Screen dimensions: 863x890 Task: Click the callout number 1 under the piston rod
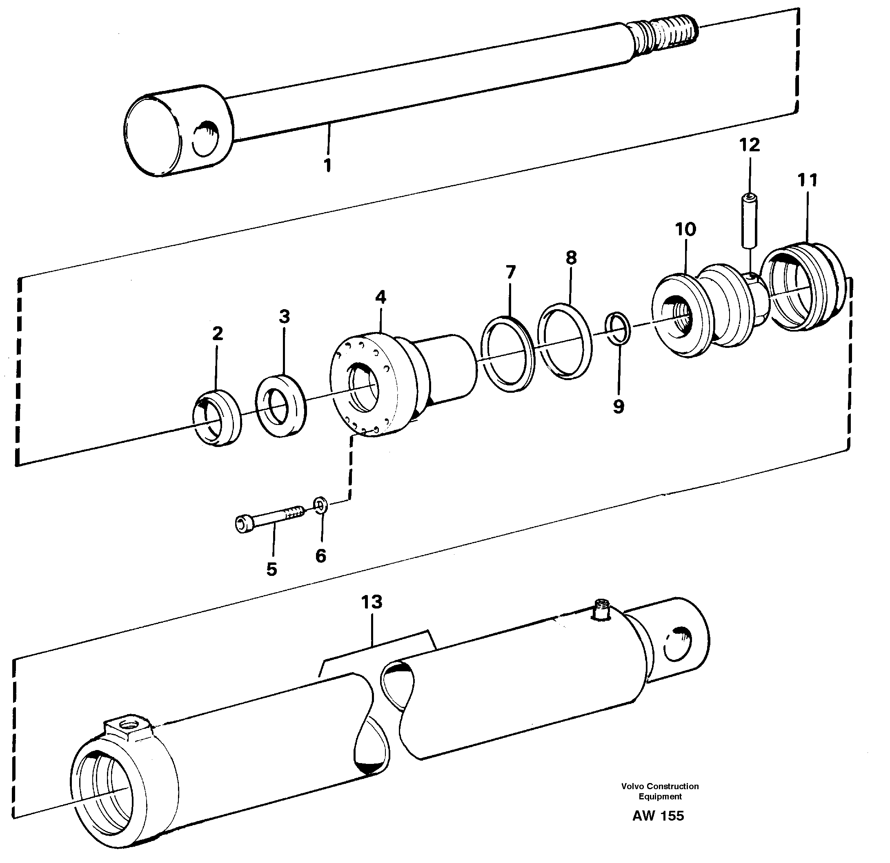coord(327,165)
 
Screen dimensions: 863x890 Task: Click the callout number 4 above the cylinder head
coord(380,298)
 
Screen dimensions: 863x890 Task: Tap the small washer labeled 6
coord(320,505)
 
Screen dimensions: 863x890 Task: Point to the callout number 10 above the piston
coord(685,230)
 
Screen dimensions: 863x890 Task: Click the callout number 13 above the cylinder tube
coord(372,602)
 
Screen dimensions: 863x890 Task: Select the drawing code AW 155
coord(658,816)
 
